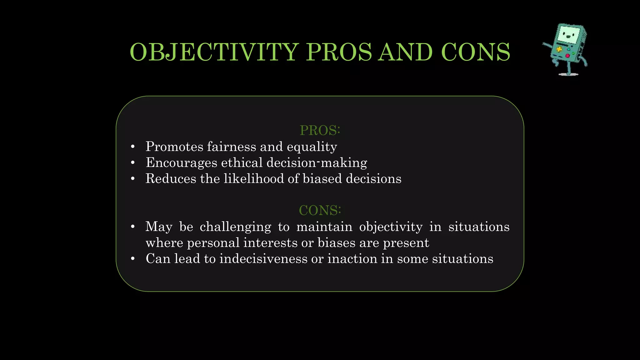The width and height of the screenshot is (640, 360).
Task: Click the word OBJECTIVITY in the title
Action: click(214, 52)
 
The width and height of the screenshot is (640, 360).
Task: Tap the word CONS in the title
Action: click(476, 52)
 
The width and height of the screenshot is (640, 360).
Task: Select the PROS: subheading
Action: click(320, 130)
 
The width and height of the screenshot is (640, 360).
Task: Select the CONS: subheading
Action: click(320, 210)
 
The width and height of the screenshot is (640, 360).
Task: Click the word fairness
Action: click(232, 147)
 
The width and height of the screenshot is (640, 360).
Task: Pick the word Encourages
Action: click(182, 163)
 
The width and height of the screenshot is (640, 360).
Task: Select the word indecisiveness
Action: click(263, 259)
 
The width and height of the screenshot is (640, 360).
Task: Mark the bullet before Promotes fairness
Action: click(133, 147)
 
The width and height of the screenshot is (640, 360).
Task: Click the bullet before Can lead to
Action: click(133, 259)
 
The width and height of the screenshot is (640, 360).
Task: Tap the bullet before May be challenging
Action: click(133, 227)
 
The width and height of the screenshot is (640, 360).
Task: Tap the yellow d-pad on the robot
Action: click(559, 49)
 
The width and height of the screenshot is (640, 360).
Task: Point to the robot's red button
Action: click(567, 56)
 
